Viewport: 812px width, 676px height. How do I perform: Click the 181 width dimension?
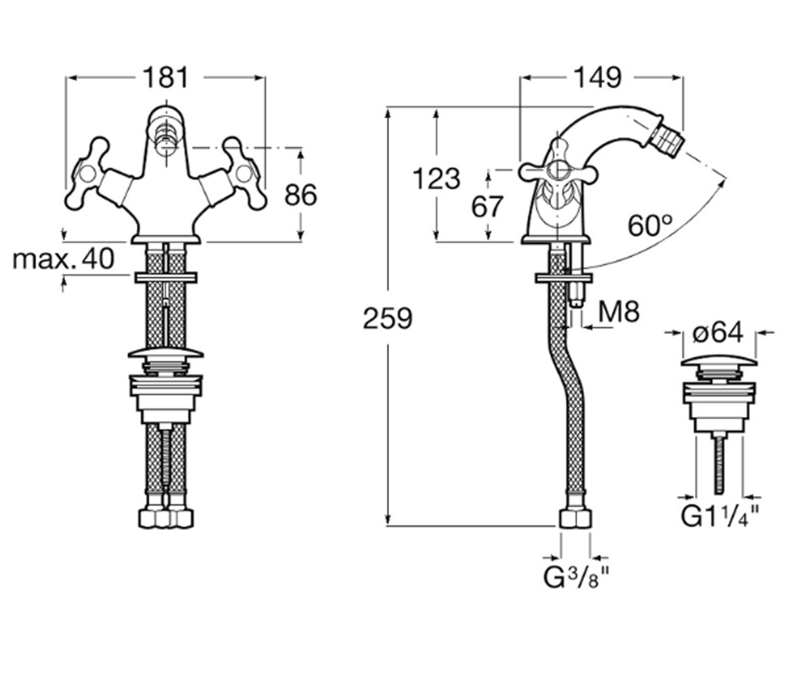click(166, 78)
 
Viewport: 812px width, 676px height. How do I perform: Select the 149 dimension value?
click(598, 78)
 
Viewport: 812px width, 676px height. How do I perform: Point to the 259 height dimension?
click(387, 318)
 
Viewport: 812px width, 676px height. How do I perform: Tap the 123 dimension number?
click(436, 179)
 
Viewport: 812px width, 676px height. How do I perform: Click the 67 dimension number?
click(487, 206)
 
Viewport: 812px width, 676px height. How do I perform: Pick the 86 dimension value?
click(300, 195)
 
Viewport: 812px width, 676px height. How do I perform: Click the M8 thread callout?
click(618, 311)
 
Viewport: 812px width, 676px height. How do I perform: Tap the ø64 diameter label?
click(718, 333)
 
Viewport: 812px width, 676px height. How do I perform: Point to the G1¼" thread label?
click(720, 516)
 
